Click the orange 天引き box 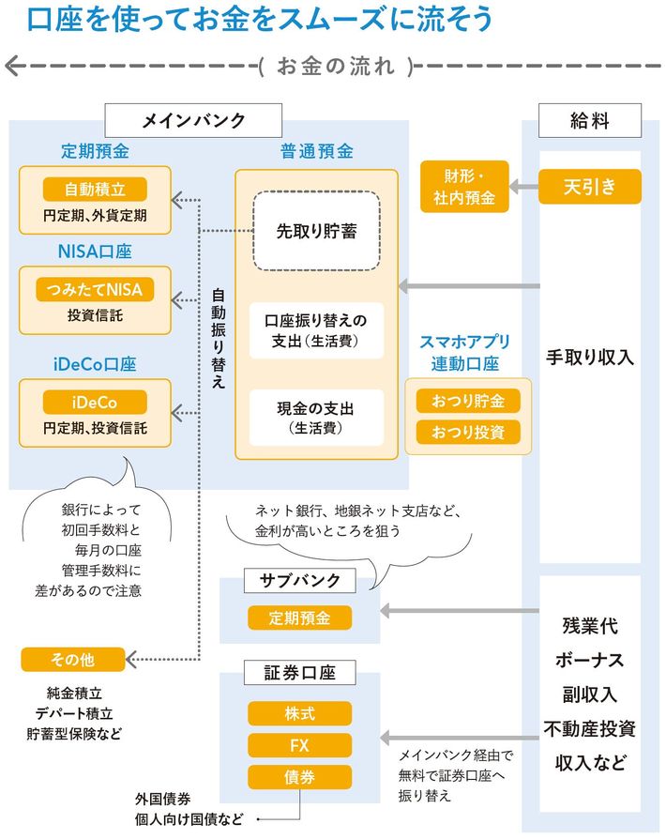590,186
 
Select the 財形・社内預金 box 464,186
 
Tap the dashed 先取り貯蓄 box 316,231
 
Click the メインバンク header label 193,120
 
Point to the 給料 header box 590,120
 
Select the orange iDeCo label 95,403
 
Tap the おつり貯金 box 468,402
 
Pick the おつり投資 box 468,433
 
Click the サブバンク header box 300,581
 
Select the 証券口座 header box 300,673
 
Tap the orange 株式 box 300,714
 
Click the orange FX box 300,745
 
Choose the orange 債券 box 300,777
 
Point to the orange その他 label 72,661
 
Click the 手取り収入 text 590,358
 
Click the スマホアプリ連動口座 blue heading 465,354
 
